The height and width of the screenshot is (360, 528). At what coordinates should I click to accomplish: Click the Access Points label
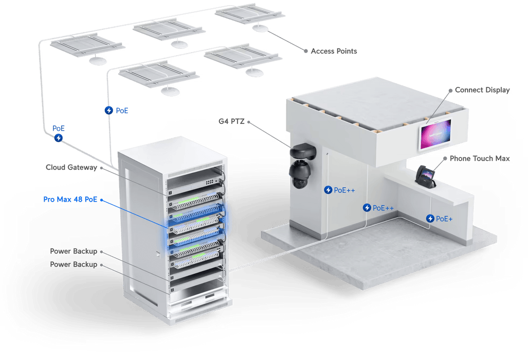pos(334,51)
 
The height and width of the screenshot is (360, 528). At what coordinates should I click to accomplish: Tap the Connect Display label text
pos(482,90)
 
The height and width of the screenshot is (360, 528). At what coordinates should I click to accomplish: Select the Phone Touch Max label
pos(480,158)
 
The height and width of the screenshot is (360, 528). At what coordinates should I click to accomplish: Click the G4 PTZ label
pos(231,121)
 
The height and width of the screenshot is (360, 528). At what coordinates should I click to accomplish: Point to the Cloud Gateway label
pos(71,167)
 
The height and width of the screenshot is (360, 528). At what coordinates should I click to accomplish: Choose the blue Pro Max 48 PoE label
pos(70,200)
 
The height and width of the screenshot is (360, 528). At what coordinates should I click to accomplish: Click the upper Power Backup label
pos(74,251)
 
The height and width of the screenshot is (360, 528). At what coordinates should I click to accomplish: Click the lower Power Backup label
pos(74,264)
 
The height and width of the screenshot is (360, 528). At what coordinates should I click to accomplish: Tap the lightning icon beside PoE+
pos(430,219)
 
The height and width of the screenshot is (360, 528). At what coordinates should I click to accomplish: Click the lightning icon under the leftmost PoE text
pos(59,138)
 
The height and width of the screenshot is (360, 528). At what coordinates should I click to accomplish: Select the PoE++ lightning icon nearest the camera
pos(328,190)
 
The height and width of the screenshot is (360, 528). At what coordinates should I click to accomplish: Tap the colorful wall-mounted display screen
pos(435,134)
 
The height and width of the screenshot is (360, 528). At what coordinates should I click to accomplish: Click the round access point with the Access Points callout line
pos(260,28)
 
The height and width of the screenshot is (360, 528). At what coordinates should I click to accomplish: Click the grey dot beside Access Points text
pos(306,51)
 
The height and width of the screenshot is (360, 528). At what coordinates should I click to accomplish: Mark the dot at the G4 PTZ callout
pos(249,122)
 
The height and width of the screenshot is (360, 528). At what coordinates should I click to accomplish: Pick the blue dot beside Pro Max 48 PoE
pos(101,200)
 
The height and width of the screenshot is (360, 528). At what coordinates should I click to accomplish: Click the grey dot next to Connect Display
pos(450,91)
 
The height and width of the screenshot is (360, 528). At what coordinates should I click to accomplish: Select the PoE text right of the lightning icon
pos(122,111)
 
